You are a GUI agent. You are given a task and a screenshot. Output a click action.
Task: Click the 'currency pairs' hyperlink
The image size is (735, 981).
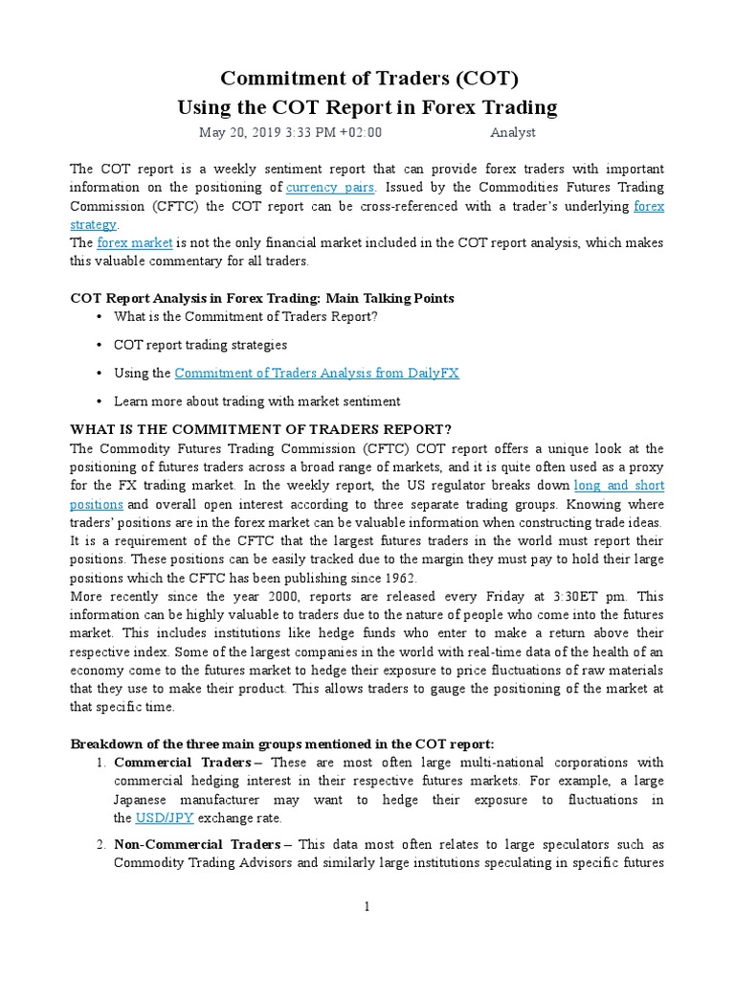pos(330,188)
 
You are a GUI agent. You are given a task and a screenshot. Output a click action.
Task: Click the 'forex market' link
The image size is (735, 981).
pos(129,243)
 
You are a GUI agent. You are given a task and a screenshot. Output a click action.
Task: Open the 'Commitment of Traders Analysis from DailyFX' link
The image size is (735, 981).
pos(317,373)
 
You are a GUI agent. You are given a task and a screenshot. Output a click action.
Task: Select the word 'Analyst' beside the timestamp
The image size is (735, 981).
pos(513,133)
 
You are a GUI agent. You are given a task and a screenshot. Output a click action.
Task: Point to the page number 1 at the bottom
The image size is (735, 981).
pos(367,908)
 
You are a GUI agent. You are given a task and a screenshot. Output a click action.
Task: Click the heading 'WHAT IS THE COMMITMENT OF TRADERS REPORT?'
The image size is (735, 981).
pos(260,428)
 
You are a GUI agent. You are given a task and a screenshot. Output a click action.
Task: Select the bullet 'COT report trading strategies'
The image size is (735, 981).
pos(200,345)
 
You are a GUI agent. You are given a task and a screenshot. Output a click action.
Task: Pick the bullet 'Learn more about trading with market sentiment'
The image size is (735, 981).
pos(256,401)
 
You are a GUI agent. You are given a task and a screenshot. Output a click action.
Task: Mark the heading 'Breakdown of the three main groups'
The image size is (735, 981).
pos(282,744)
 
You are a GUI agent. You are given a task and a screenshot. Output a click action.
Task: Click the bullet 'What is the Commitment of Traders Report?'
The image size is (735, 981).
pos(246,316)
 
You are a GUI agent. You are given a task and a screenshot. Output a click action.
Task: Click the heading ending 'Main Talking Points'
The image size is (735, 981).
pos(262,298)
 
